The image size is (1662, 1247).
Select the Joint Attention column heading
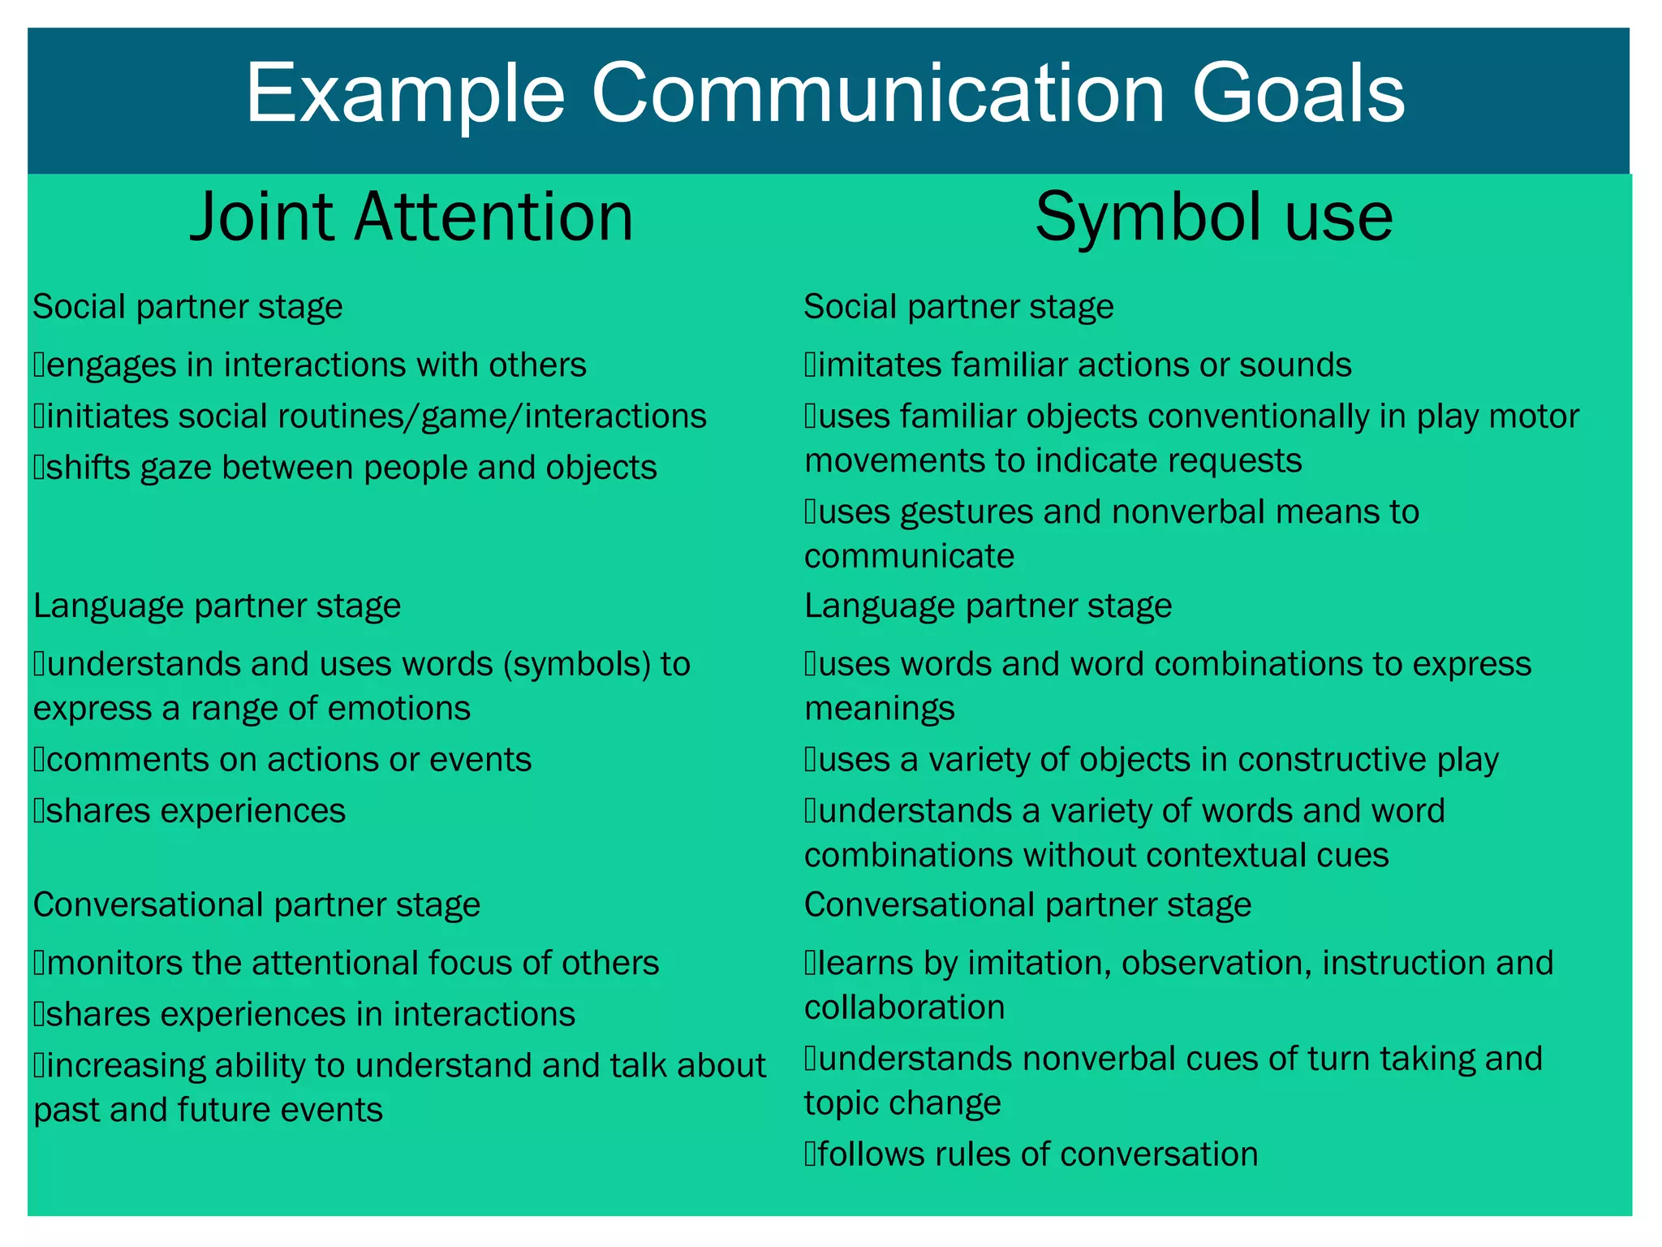pyautogui.click(x=411, y=217)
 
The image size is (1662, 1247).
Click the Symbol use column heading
pyautogui.click(x=1214, y=217)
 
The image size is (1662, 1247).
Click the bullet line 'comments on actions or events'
pyautogui.click(x=283, y=760)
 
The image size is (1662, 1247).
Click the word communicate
pyautogui.click(x=909, y=557)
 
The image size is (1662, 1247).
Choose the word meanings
pyautogui.click(x=880, y=709)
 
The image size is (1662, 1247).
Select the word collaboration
pyautogui.click(x=904, y=1008)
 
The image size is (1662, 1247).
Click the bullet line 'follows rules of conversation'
pyautogui.click(x=1031, y=1154)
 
